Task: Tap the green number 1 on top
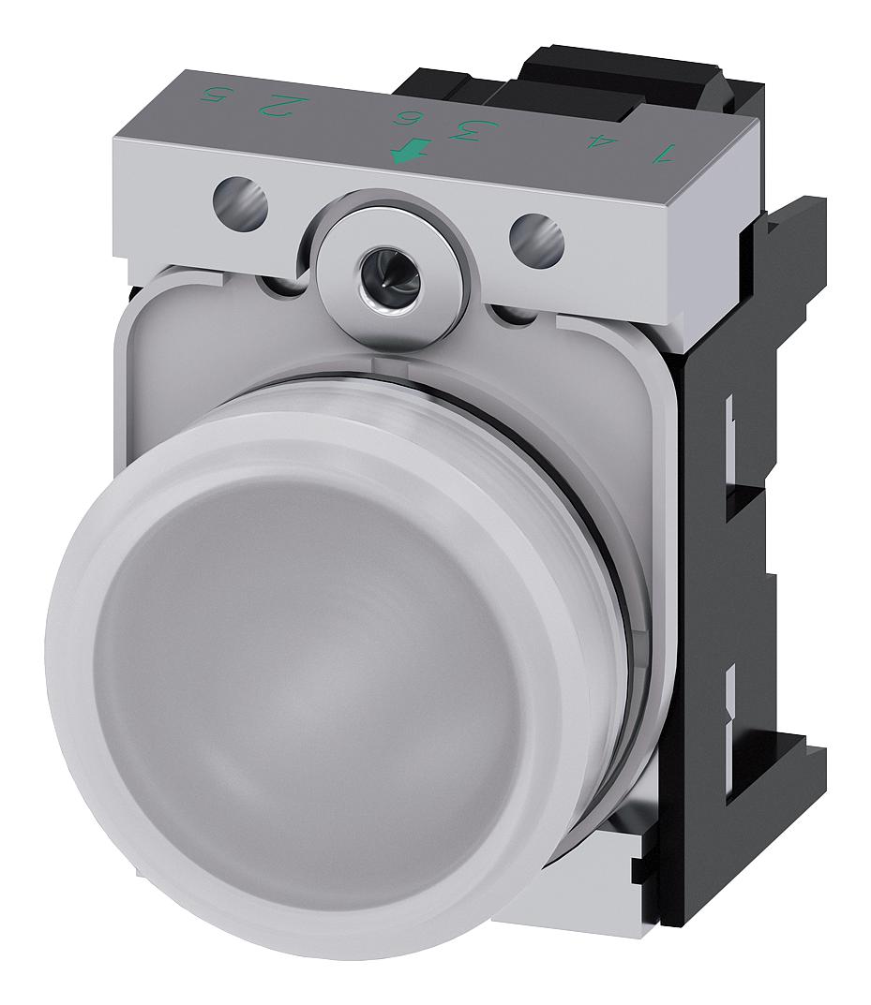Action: click(665, 152)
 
